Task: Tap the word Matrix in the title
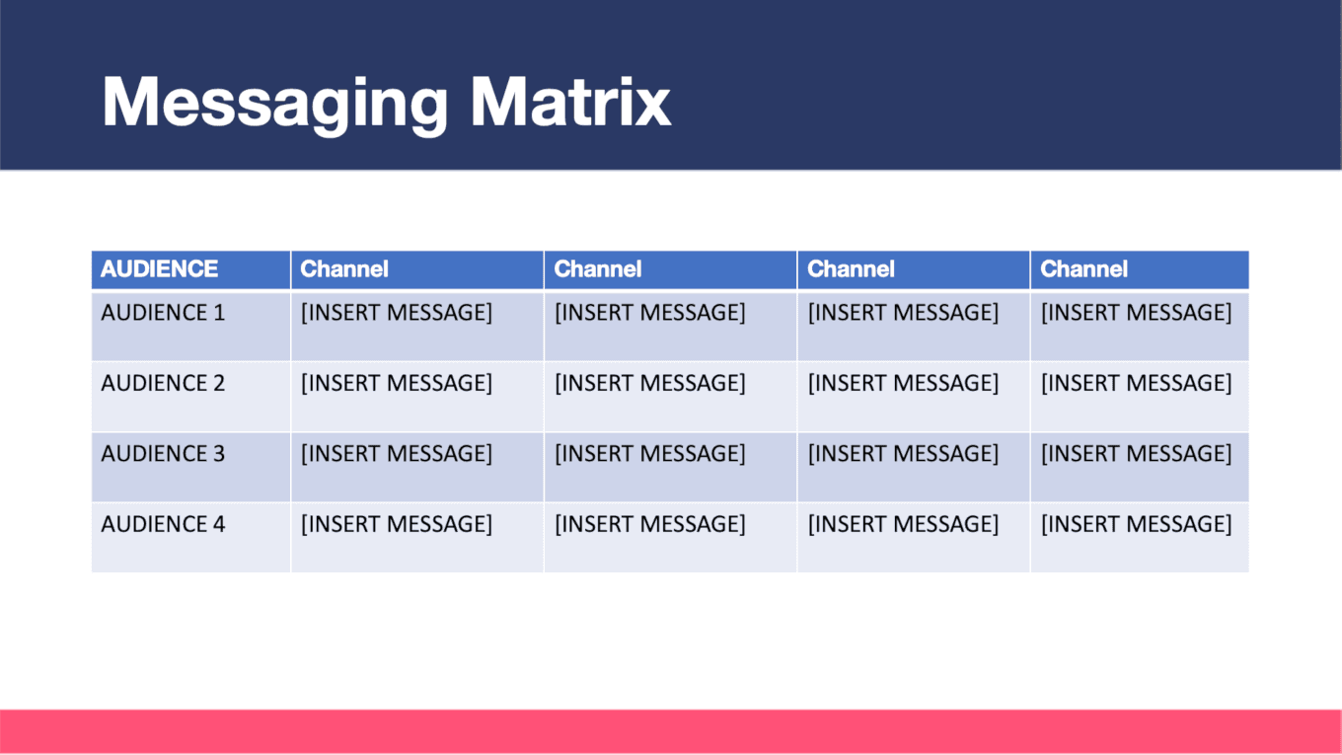570,101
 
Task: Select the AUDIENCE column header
160,269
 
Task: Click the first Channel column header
344,269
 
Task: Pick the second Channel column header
598,269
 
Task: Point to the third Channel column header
852,269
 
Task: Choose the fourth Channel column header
1084,269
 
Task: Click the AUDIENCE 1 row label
163,312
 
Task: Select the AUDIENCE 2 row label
163,383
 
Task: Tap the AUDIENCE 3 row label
163,454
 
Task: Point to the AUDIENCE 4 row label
163,524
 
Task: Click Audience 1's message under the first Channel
397,313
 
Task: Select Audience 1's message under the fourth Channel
1137,313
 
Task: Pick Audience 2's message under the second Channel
650,384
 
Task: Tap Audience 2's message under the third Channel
904,384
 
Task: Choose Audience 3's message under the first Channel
397,454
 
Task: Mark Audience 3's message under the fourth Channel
1137,454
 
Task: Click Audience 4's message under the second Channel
650,525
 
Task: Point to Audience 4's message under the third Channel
904,525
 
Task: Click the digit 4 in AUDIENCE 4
219,524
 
